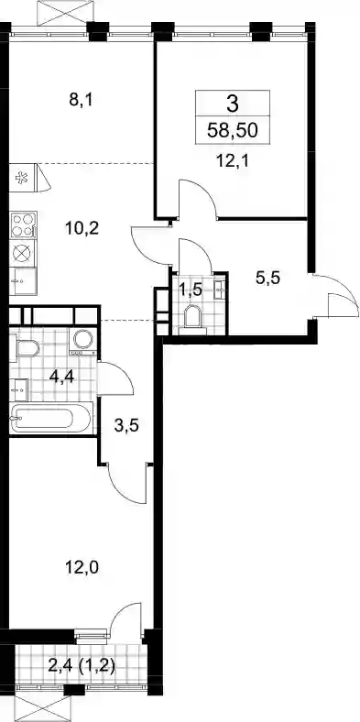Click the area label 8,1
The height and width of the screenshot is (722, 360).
(81, 100)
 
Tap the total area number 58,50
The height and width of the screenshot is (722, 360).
(232, 131)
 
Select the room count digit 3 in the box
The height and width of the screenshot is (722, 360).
(233, 104)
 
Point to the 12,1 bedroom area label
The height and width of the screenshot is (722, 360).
(232, 161)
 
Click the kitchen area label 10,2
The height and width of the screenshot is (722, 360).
(82, 227)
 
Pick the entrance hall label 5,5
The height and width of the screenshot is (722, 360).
(267, 278)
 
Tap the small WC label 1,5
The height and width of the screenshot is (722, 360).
(191, 291)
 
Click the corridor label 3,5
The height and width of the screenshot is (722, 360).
(126, 424)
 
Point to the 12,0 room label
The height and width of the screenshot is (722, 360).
(82, 567)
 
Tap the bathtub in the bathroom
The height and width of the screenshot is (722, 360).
(51, 417)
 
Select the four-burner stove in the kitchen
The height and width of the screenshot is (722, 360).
(23, 224)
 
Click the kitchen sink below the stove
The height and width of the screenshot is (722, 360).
(23, 281)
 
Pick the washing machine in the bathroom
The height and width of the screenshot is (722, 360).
(82, 341)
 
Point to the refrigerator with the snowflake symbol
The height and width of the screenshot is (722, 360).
(23, 177)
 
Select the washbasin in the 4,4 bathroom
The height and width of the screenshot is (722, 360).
(18, 390)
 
